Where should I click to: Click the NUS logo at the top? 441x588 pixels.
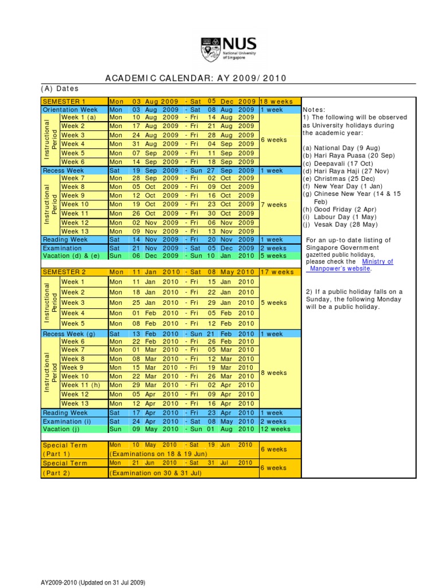(x=228, y=49)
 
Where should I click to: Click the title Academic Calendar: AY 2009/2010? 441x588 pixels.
(x=196, y=79)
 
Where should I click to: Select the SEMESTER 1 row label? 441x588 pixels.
(x=63, y=101)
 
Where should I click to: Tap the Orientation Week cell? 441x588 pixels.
(x=70, y=109)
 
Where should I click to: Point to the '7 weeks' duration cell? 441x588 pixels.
(x=274, y=204)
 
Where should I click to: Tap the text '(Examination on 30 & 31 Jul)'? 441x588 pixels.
(x=154, y=473)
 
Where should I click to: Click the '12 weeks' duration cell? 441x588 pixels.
(x=276, y=428)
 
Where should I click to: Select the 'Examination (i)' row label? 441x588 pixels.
(x=67, y=421)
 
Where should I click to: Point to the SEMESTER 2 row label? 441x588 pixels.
(x=63, y=272)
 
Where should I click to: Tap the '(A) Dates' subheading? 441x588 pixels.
(x=60, y=88)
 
